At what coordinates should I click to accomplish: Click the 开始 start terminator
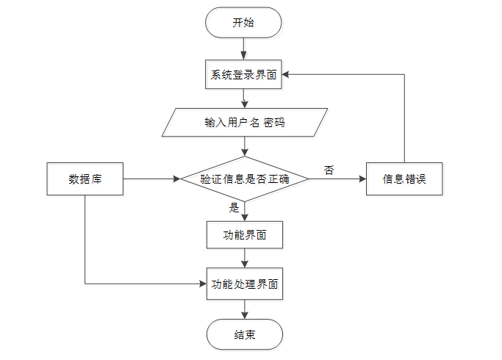(243, 23)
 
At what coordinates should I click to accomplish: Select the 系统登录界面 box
(243, 74)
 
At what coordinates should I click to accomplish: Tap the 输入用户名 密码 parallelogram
(244, 123)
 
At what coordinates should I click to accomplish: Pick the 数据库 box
(85, 179)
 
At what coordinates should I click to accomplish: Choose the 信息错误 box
(404, 179)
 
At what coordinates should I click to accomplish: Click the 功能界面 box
(244, 236)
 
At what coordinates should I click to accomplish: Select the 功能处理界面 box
(244, 283)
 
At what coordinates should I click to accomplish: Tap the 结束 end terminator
(244, 334)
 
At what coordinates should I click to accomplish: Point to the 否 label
(329, 170)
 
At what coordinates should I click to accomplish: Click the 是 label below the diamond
(234, 208)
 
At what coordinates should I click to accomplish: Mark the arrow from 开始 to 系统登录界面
(243, 48)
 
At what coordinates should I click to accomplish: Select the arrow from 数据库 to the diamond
(151, 179)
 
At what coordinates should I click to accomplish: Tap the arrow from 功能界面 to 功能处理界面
(244, 259)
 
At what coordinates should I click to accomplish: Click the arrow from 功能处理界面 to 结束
(244, 309)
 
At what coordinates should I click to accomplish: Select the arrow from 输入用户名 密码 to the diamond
(244, 146)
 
